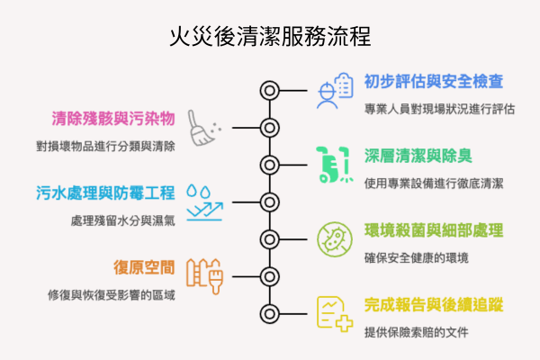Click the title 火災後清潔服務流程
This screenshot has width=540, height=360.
point(270,39)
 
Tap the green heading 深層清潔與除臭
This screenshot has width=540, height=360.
point(415,155)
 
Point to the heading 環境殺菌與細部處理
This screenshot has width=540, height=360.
point(434,229)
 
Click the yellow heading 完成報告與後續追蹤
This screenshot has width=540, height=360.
point(434,304)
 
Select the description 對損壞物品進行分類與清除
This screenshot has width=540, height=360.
point(106,145)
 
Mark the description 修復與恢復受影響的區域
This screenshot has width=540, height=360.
point(112,294)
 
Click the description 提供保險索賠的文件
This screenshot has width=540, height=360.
point(417,332)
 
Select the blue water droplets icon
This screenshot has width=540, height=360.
point(197,191)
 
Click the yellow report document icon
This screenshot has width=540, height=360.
point(334,314)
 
